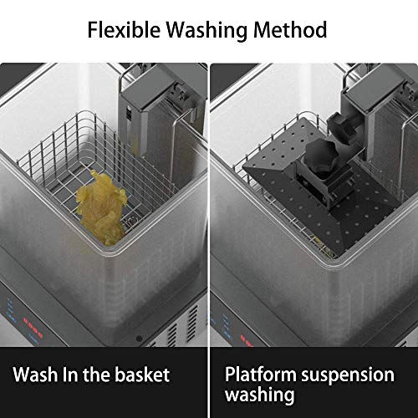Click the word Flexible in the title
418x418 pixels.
click(125, 29)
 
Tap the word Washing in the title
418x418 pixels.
click(207, 31)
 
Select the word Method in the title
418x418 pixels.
click(290, 29)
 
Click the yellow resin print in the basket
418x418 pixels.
click(101, 207)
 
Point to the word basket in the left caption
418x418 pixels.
click(142, 375)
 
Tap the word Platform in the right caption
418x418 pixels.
click(261, 375)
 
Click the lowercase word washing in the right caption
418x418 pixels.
click(260, 395)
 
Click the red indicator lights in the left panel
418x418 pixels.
click(33, 328)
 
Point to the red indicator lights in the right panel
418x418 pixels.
click(247, 341)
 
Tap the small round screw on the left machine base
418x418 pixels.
click(139, 339)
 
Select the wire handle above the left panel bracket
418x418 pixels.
click(131, 71)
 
